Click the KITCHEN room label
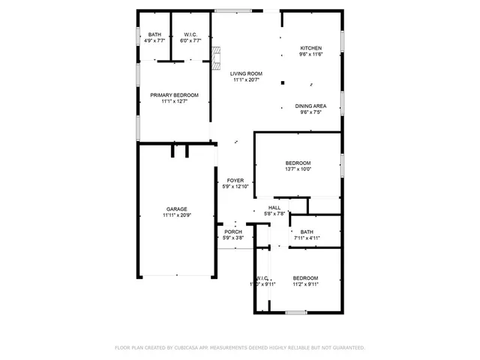(x=310, y=48)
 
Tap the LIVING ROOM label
(x=246, y=73)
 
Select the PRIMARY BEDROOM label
(x=174, y=95)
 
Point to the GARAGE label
(x=177, y=209)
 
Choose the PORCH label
(x=233, y=232)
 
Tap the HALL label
(x=274, y=208)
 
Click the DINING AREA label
(x=310, y=106)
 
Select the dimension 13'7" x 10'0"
(x=298, y=169)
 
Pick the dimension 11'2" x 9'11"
(x=305, y=284)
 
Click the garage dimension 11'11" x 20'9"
(x=177, y=216)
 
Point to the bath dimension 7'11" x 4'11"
(x=307, y=238)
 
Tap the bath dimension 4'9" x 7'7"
(x=154, y=41)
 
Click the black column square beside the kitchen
(x=283, y=82)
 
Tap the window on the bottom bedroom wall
(x=296, y=312)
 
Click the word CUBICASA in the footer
(x=187, y=348)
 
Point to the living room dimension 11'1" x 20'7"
(x=246, y=80)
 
